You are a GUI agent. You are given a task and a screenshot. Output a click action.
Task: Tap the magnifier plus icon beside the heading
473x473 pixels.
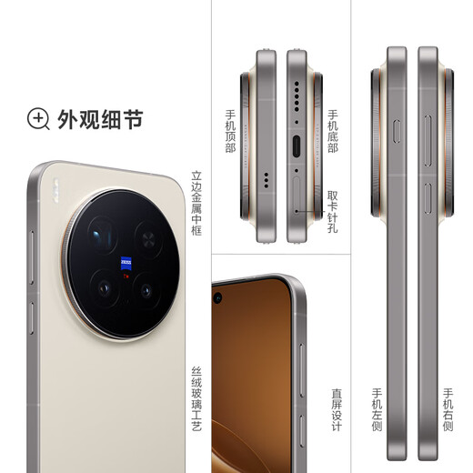point(38,118)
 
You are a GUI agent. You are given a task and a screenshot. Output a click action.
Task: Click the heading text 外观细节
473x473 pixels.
point(99,119)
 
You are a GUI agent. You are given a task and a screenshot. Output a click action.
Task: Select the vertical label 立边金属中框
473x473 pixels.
point(196,204)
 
